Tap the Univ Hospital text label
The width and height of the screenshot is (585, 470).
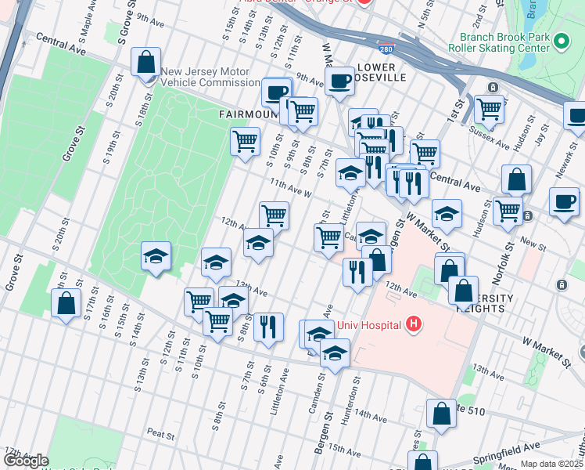click(369, 325)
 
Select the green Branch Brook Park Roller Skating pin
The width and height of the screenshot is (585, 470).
click(560, 41)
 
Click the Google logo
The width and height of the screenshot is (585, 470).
click(26, 461)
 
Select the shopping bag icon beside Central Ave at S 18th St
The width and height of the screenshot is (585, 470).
click(146, 61)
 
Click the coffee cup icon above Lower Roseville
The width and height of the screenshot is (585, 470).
click(340, 81)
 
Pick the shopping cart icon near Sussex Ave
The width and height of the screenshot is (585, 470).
click(490, 110)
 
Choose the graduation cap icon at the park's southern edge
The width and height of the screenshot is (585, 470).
click(156, 256)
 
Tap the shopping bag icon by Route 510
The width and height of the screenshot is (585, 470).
click(441, 413)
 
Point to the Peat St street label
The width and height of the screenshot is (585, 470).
click(160, 432)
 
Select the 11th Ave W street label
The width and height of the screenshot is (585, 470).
click(291, 188)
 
